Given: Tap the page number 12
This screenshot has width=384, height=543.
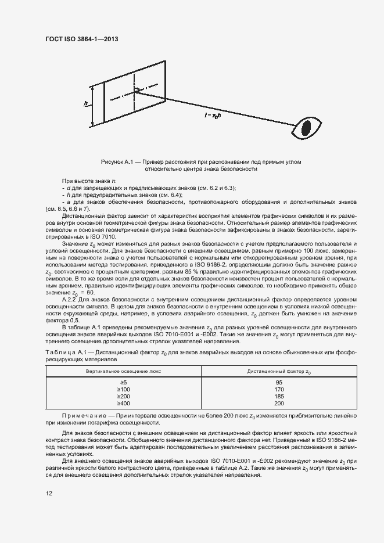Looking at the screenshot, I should (48, 494).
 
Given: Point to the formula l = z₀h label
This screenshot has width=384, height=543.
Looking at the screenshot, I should (213, 116).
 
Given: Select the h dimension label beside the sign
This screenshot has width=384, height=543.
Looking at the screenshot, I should (86, 104).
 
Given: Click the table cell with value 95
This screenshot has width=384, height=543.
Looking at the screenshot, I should (279, 382).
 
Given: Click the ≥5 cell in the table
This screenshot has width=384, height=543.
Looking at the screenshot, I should (123, 382).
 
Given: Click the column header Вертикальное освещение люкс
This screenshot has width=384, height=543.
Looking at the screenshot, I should (123, 370).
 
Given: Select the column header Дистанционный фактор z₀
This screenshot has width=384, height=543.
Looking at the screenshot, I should (279, 370).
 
